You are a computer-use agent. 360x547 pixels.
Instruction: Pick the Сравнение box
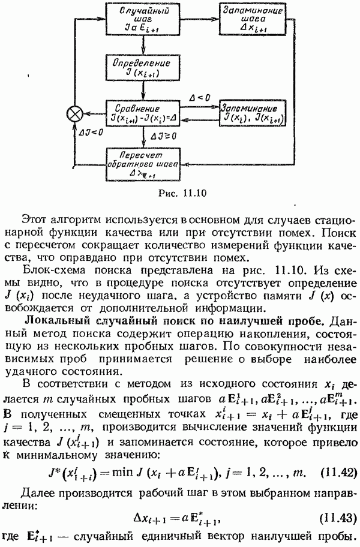tap(143, 114)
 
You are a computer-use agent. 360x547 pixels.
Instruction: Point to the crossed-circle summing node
tap(74, 114)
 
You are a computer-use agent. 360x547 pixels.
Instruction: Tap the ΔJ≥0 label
tap(163, 136)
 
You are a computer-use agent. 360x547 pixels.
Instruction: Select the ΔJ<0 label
tap(91, 132)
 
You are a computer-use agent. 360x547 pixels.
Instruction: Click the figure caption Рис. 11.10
tap(182, 193)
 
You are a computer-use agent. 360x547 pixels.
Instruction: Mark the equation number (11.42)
tap(338, 473)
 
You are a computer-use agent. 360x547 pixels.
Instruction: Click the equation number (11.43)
tap(338, 518)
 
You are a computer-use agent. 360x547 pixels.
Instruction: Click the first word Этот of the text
tap(34, 220)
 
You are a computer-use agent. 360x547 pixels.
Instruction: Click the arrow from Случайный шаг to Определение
tap(143, 45)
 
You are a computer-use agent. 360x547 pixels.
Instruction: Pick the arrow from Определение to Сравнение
tap(143, 91)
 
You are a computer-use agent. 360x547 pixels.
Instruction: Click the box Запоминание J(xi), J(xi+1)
tap(253, 114)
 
